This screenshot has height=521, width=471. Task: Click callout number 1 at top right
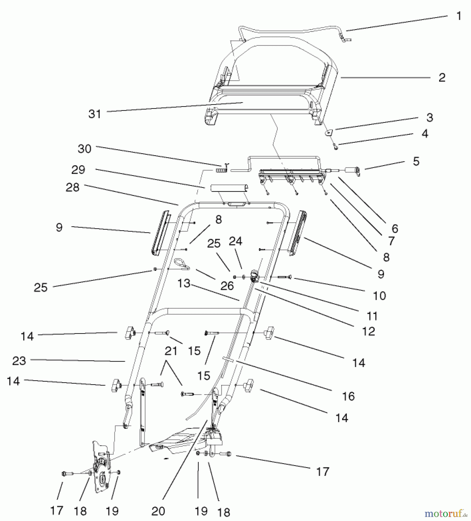pyautogui.click(x=458, y=16)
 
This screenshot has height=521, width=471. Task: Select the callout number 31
pyautogui.click(x=95, y=114)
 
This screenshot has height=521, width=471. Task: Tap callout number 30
pyautogui.click(x=84, y=149)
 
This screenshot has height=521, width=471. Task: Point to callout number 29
pyautogui.click(x=78, y=170)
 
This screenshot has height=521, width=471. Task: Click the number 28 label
pyautogui.click(x=72, y=187)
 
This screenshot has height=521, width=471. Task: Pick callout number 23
pyautogui.click(x=19, y=361)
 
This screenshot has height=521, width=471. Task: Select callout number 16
pyautogui.click(x=348, y=396)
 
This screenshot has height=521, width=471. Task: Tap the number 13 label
pyautogui.click(x=184, y=283)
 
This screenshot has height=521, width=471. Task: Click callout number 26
pyautogui.click(x=227, y=286)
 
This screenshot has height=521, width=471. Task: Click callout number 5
pyautogui.click(x=416, y=162)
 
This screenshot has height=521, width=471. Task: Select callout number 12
pyautogui.click(x=368, y=331)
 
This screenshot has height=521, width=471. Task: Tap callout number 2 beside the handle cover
pyautogui.click(x=441, y=78)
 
